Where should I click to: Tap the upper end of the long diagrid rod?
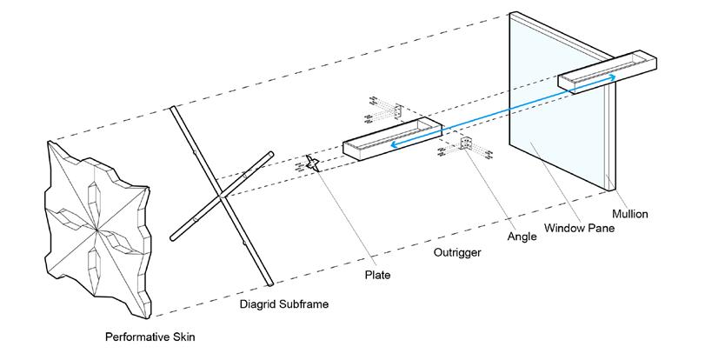(x=175, y=110)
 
